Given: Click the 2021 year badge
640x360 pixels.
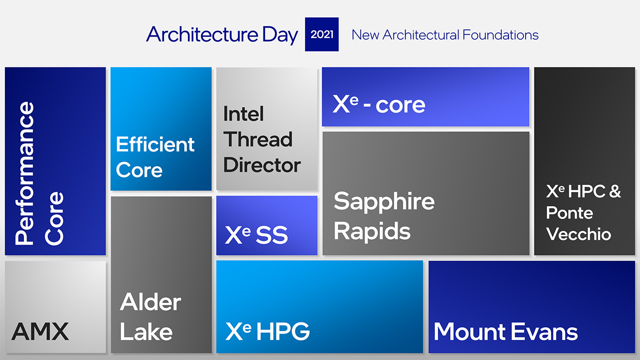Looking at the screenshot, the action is click(x=321, y=34).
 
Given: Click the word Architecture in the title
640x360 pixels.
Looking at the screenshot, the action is click(x=202, y=34).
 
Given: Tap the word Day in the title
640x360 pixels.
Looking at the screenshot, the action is click(x=280, y=35).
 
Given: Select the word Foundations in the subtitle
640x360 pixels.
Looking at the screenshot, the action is click(x=500, y=35).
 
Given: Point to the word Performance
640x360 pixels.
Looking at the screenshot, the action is click(x=24, y=173).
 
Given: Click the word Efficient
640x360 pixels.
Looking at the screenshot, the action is click(x=155, y=144).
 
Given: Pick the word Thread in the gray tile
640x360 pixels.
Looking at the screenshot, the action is click(x=258, y=139).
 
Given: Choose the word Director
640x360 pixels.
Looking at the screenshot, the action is click(x=262, y=165).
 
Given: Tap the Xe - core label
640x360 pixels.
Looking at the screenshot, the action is click(x=379, y=103).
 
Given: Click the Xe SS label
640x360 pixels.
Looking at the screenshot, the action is click(x=256, y=235).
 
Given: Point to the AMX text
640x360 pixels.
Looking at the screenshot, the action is click(x=40, y=331).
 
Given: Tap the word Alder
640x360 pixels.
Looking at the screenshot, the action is click(x=150, y=301).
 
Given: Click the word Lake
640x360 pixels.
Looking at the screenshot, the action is click(x=146, y=331).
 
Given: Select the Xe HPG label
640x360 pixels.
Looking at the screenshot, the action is click(x=267, y=331).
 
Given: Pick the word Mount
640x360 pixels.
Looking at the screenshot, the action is click(x=469, y=331).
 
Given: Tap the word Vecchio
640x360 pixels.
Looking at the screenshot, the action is click(x=578, y=234).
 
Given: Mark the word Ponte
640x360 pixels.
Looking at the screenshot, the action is click(x=569, y=212).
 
